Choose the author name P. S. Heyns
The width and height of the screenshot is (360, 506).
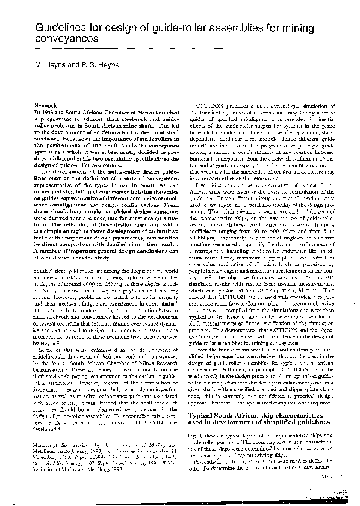pos(101,64)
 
